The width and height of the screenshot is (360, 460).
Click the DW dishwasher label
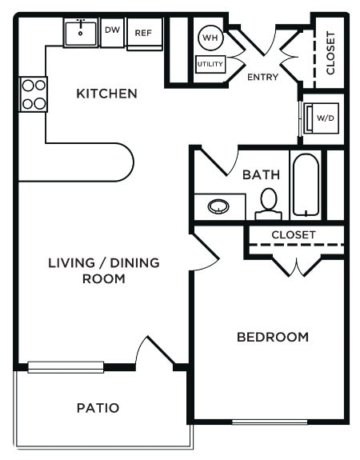(x=112, y=31)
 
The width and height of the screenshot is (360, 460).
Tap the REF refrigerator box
(x=144, y=33)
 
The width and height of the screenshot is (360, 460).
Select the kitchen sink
(x=81, y=33)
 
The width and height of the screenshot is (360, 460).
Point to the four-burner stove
(x=33, y=94)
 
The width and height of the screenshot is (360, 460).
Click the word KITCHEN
(x=106, y=94)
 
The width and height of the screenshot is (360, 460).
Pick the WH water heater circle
(x=210, y=38)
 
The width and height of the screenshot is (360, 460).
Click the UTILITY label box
(x=210, y=64)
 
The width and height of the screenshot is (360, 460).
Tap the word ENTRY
(x=263, y=78)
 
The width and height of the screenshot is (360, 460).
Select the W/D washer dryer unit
(x=323, y=118)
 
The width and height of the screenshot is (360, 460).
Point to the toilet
(x=269, y=204)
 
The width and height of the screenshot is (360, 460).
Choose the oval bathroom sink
(x=218, y=207)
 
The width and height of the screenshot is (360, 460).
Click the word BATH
(x=259, y=174)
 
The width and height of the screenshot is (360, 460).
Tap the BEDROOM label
(x=272, y=337)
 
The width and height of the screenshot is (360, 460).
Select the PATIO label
(x=98, y=408)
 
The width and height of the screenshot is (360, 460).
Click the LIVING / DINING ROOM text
(x=103, y=270)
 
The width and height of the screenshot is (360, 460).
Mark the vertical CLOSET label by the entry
(x=331, y=53)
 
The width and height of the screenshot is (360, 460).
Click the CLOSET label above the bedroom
(x=294, y=234)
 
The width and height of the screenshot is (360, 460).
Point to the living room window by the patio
(x=66, y=367)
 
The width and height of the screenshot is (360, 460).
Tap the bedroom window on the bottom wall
(x=269, y=422)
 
